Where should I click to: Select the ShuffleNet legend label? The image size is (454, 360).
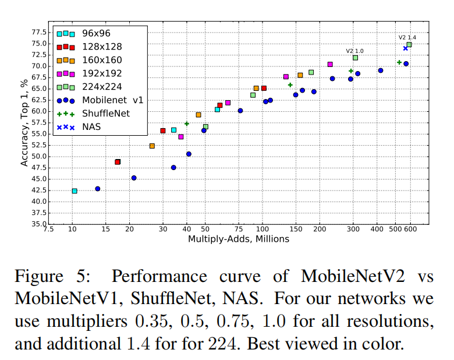pyautogui.click(x=105, y=113)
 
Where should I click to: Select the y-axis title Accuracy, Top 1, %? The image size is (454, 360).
pyautogui.click(x=24, y=123)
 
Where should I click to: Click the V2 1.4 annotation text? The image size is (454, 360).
pyautogui.click(x=407, y=37)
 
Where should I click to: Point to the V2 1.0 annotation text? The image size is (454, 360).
pyautogui.click(x=354, y=51)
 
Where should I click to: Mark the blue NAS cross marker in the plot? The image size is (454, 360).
pyautogui.click(x=406, y=48)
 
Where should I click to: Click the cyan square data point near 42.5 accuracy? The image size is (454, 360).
pyautogui.click(x=75, y=190)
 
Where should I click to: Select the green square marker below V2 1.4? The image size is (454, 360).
pyautogui.click(x=409, y=44)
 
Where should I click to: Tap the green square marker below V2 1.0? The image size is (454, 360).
pyautogui.click(x=355, y=58)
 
